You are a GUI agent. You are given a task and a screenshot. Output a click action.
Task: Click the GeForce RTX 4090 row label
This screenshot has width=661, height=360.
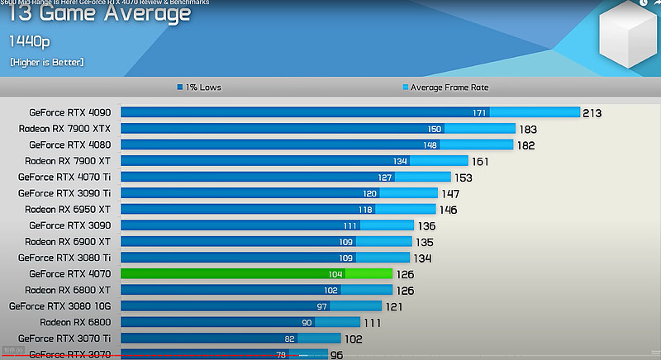pyautogui.click(x=69, y=112)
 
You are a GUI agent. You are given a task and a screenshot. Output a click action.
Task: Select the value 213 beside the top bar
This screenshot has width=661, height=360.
pyautogui.click(x=592, y=112)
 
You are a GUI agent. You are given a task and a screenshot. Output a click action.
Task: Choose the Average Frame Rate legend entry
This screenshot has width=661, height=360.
pyautogui.click(x=450, y=88)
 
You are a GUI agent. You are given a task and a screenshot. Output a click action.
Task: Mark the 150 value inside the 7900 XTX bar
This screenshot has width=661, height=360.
pyautogui.click(x=435, y=129)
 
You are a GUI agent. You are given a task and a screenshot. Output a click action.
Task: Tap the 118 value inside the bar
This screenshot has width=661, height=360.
pyautogui.click(x=365, y=210)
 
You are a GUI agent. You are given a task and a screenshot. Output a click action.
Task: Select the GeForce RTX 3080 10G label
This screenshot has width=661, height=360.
pyautogui.click(x=59, y=306)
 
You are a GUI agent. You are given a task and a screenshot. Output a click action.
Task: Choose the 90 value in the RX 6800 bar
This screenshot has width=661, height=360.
pyautogui.click(x=307, y=322)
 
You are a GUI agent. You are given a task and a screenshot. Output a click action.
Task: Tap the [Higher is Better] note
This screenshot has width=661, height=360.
pyautogui.click(x=47, y=62)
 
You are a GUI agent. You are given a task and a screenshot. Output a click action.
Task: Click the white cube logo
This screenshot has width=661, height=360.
pyautogui.click(x=630, y=41)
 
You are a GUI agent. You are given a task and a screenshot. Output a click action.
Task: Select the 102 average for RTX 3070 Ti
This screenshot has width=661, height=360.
pyautogui.click(x=354, y=338)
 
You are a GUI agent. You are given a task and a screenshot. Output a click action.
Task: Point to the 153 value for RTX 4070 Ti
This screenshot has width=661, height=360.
pyautogui.click(x=463, y=177)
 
